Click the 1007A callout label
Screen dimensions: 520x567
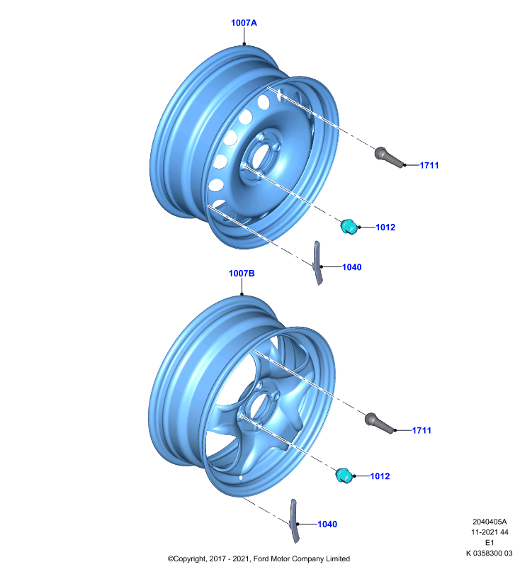tap(244, 23)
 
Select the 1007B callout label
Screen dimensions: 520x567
tap(242, 274)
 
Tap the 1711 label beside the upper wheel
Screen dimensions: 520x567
tap(429, 165)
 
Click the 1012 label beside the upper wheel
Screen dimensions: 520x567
tap(385, 227)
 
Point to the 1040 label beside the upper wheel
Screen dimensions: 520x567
tap(352, 267)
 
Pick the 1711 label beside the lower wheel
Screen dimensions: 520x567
tap(422, 430)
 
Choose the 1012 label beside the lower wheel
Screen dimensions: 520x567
tap(380, 476)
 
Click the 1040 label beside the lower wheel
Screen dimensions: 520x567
tap(327, 524)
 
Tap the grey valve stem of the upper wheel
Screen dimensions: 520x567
tap(389, 157)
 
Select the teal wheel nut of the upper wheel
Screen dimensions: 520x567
tap(349, 227)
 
